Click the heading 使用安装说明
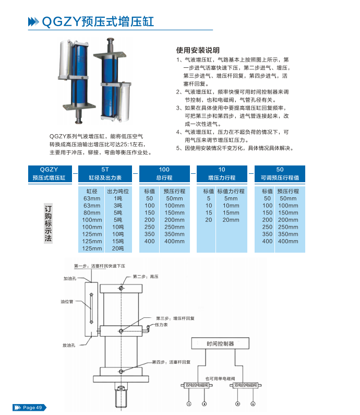(198, 51)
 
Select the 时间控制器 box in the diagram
(220, 344)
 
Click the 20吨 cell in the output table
(117, 248)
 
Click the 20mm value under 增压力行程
(231, 220)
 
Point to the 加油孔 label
(70, 278)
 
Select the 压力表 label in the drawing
(161, 325)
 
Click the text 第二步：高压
(145, 276)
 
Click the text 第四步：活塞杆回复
(171, 361)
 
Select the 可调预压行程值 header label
(280, 177)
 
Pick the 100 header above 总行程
(164, 170)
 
